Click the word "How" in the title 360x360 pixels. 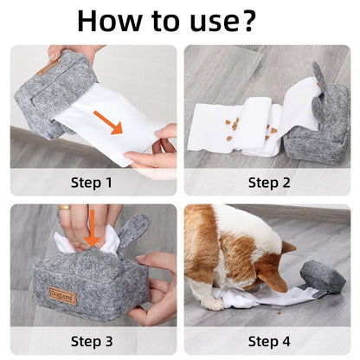111,22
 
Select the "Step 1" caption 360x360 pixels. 93,182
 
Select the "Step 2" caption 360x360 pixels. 269,182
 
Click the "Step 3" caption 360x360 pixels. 93,340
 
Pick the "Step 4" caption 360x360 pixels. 269,340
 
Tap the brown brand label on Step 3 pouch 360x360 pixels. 61,295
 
